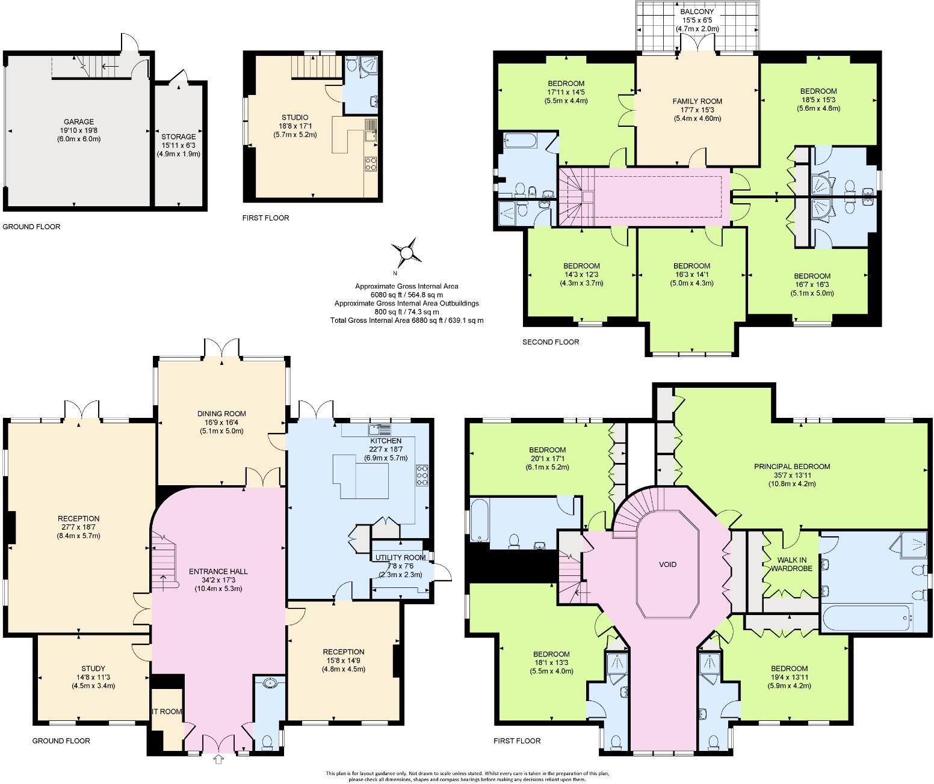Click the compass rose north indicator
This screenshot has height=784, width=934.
tap(406, 251)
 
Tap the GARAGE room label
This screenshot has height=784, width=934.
tap(79, 122)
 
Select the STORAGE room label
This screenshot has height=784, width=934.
tap(178, 137)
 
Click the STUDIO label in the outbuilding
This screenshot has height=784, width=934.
tap(295, 117)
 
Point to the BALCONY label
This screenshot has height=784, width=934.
tap(697, 11)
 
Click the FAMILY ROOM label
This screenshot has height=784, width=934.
tap(697, 101)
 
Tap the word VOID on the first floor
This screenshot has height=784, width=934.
tap(667, 565)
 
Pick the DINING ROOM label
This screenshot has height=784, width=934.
tap(221, 414)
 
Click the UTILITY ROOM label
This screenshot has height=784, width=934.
tap(400, 557)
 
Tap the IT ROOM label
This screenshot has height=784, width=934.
tap(167, 711)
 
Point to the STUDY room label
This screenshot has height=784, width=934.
tap(93, 669)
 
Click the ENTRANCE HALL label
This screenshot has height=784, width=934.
tap(218, 572)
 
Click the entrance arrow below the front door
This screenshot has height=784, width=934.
tap(218, 760)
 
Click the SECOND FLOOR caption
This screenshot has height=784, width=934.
tap(551, 342)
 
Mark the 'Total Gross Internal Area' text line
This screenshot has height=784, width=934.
tap(406, 320)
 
